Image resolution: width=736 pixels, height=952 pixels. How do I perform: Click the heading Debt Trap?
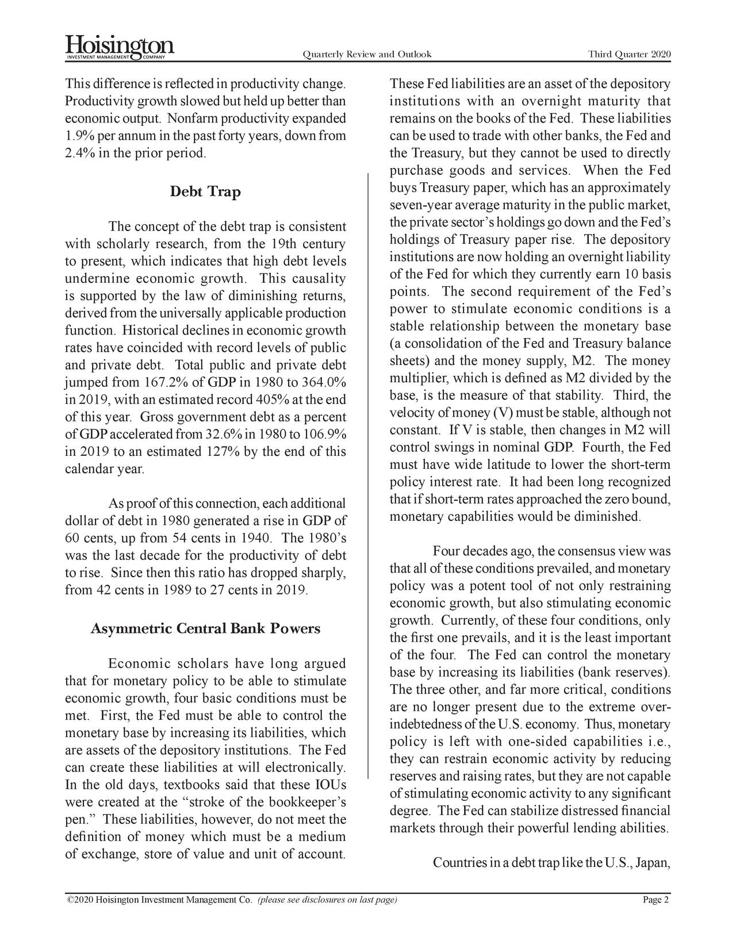(x=205, y=192)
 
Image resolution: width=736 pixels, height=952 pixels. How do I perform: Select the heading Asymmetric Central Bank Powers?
(x=205, y=628)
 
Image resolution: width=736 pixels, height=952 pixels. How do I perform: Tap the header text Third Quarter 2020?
(x=629, y=55)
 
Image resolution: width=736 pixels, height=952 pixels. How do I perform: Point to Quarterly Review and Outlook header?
(x=366, y=55)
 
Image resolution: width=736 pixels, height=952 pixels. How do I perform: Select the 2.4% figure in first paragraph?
(x=78, y=154)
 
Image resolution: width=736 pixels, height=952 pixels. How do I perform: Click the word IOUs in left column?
(x=330, y=785)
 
